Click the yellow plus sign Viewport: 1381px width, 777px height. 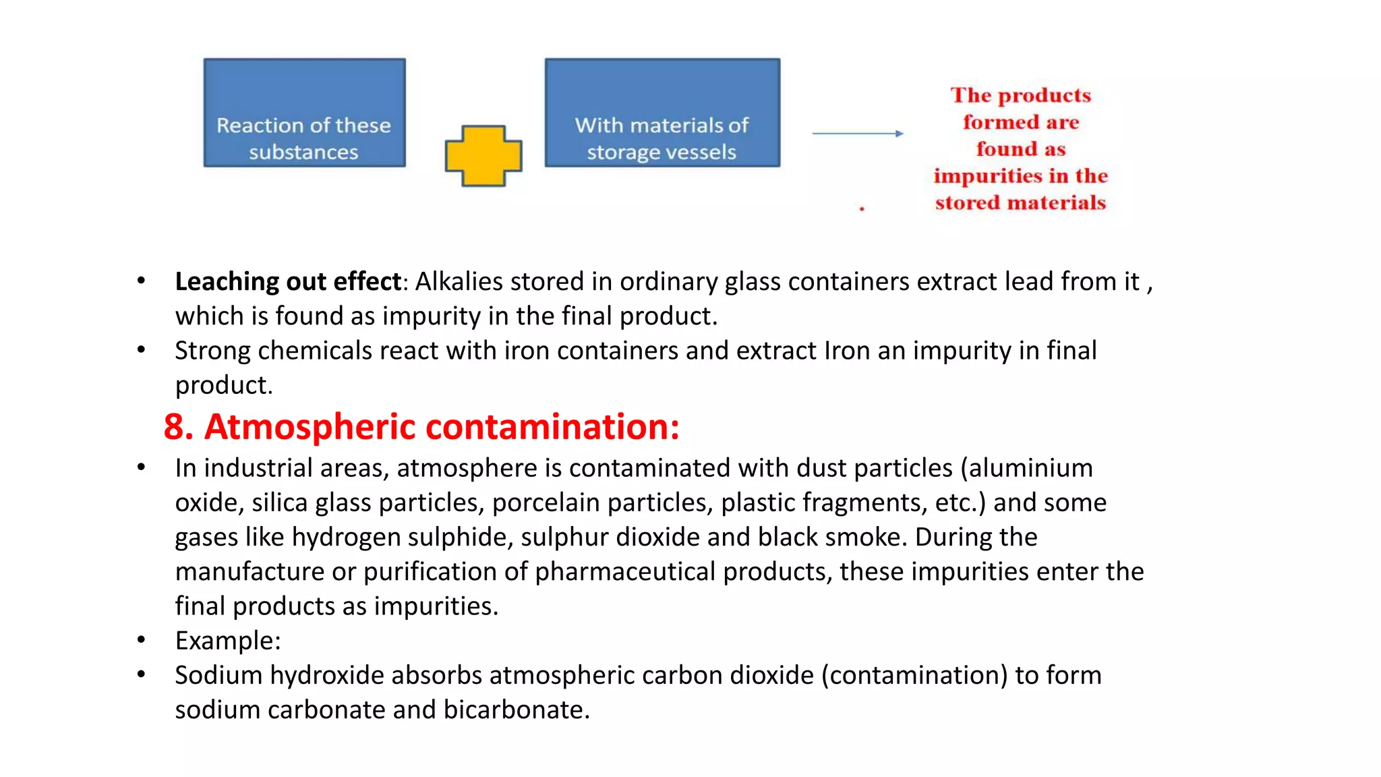tap(483, 156)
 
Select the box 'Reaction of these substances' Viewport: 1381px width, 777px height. tap(305, 113)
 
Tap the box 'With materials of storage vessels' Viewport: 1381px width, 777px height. tap(662, 113)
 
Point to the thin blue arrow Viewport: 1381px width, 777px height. tap(857, 134)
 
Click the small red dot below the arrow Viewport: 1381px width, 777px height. tap(862, 209)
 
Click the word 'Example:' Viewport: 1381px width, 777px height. tap(228, 641)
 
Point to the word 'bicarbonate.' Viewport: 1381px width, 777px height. tap(517, 710)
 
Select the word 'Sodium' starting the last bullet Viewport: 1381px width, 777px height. tap(218, 676)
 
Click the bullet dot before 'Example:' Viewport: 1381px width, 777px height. tap(141, 640)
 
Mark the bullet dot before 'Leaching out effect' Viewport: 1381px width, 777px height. tap(141, 281)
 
